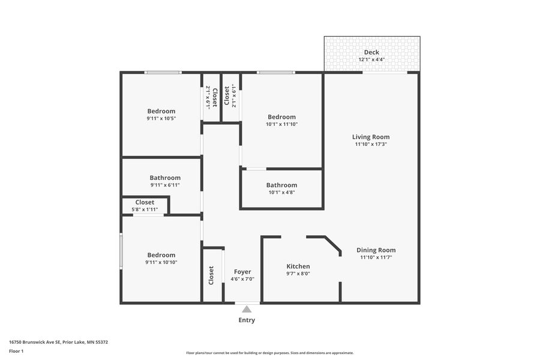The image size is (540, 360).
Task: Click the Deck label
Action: (371, 52)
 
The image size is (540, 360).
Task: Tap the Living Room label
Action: (371, 137)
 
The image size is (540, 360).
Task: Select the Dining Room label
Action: (376, 250)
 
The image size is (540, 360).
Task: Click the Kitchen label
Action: (298, 266)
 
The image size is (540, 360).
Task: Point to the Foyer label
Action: (242, 272)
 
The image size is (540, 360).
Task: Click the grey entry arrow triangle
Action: (247, 309)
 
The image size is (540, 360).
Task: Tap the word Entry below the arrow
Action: (247, 320)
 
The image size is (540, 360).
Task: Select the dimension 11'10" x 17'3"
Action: (371, 145)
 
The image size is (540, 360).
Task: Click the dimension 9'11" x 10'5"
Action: (161, 119)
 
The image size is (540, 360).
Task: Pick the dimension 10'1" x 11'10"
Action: (282, 124)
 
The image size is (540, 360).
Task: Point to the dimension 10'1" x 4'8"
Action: (282, 193)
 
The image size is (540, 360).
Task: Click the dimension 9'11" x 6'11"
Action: (165, 185)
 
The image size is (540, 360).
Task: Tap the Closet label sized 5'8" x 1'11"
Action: (145, 202)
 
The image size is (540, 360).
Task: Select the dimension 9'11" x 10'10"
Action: (161, 263)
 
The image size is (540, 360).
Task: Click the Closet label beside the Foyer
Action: (211, 275)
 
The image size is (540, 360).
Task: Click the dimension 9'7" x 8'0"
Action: (298, 274)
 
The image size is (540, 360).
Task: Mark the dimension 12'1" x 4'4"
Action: (371, 59)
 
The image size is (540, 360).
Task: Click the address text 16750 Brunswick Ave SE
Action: (35, 343)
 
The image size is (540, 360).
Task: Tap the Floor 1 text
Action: (16, 352)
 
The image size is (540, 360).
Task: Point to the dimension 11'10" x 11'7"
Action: (376, 257)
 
